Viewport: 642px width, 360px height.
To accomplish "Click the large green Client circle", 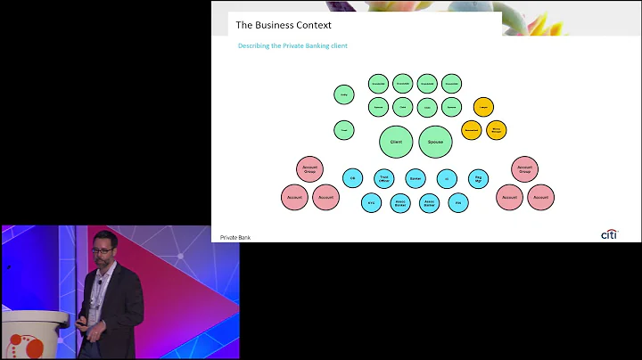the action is click(x=396, y=142).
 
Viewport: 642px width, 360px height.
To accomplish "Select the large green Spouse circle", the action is click(x=436, y=142).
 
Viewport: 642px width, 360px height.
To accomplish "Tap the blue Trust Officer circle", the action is click(x=383, y=178).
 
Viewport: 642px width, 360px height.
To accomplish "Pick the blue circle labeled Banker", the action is click(x=416, y=178).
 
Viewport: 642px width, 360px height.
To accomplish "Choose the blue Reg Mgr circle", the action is click(x=478, y=178).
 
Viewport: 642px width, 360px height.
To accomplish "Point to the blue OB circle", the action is click(x=352, y=178).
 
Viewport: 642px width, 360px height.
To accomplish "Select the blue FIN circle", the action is click(x=458, y=203).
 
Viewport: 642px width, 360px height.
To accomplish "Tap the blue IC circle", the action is click(x=447, y=178).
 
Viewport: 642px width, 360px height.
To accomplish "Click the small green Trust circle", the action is click(x=344, y=130).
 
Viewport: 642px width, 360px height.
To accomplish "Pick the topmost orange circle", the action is click(x=483, y=107).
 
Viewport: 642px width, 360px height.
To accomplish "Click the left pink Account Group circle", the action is click(x=309, y=168).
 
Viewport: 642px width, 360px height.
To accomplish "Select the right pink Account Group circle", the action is click(x=524, y=168).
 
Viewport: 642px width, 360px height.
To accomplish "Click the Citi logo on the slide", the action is click(x=609, y=234).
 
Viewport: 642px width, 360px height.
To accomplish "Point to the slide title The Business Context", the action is click(x=283, y=25).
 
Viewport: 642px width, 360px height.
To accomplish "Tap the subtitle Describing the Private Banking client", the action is click(x=292, y=45).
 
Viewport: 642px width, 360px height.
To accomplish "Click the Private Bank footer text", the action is click(x=235, y=237).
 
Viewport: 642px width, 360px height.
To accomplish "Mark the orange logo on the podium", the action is click(x=20, y=343).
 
